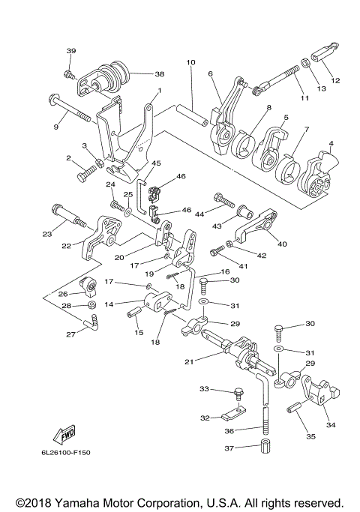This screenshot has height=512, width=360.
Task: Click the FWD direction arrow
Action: tap(64, 435)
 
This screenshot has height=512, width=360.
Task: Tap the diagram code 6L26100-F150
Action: tap(66, 453)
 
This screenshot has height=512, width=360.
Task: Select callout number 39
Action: tap(71, 51)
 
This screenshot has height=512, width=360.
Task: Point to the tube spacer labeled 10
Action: tap(192, 114)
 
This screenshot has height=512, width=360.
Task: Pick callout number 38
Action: tap(160, 74)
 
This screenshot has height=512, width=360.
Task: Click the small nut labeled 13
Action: tap(306, 63)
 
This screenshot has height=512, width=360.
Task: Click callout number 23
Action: tap(47, 234)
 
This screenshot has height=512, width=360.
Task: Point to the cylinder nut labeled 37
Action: tap(266, 446)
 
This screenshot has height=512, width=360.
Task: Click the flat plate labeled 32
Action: tap(233, 413)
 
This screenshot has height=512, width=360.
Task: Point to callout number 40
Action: tap(282, 244)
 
